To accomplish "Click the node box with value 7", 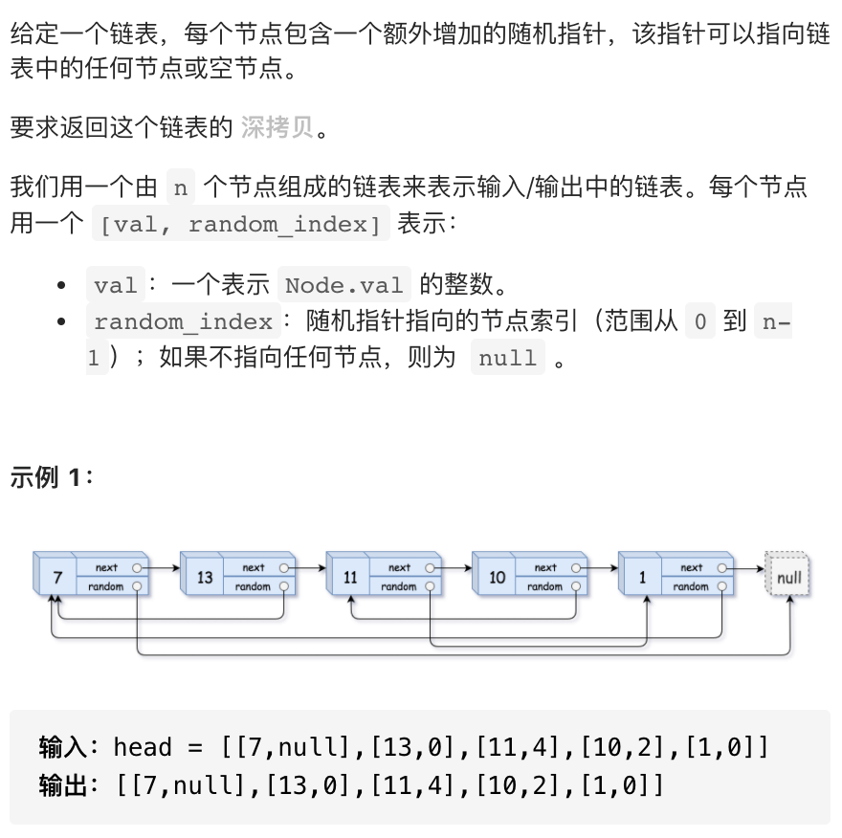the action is (x=58, y=578).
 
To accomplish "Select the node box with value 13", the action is (x=205, y=578).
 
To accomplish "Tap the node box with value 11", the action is (x=350, y=578).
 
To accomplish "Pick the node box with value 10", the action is (x=497, y=578).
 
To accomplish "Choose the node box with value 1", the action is (x=642, y=578).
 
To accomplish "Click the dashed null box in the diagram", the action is (x=789, y=578).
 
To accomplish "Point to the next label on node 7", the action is (x=106, y=568).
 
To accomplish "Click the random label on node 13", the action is (x=253, y=587).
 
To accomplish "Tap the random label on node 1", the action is (x=691, y=587).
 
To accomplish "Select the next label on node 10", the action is (x=545, y=568).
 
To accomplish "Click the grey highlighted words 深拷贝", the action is (x=277, y=127).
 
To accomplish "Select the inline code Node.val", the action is (x=344, y=284).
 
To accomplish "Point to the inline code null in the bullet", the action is (x=507, y=359).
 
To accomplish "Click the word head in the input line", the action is (x=143, y=747).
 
